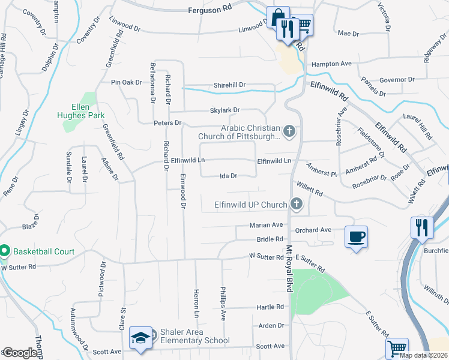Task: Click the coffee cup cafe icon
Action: [x=357, y=236]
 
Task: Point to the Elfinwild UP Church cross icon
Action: [x=295, y=205]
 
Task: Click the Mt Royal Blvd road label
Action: [x=289, y=269]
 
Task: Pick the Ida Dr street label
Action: [x=230, y=176]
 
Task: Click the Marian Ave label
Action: [x=266, y=226]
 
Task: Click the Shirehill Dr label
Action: [x=230, y=85]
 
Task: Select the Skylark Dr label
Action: [x=225, y=110]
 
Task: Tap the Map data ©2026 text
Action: [x=424, y=355]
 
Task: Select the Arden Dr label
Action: [x=271, y=325]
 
